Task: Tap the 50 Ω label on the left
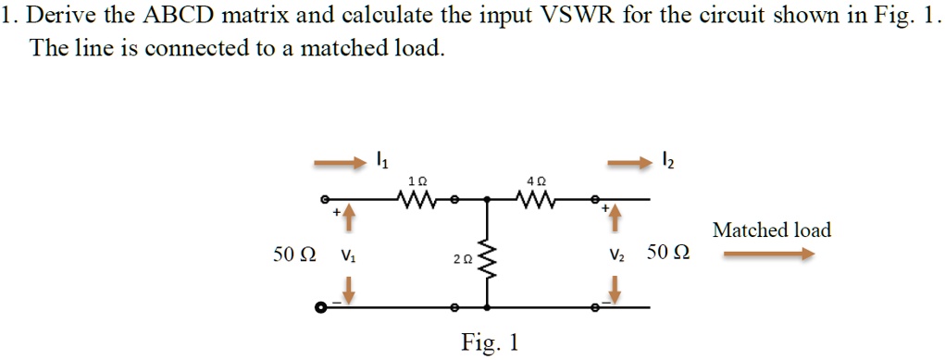click(x=293, y=254)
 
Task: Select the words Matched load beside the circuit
click(x=771, y=230)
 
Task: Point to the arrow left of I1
click(x=340, y=164)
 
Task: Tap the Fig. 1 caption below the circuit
click(x=490, y=343)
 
